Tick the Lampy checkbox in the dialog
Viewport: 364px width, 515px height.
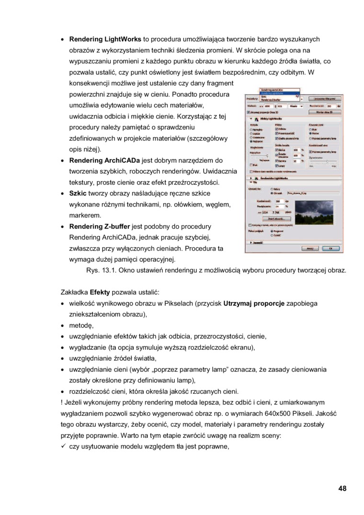(276, 166)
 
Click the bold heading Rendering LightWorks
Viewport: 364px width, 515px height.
(105, 39)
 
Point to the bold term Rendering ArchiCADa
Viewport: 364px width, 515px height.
(104, 160)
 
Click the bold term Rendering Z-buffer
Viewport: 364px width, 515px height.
(100, 227)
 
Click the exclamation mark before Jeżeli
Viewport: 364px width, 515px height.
(56, 402)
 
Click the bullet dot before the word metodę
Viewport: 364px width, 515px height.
(63, 326)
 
